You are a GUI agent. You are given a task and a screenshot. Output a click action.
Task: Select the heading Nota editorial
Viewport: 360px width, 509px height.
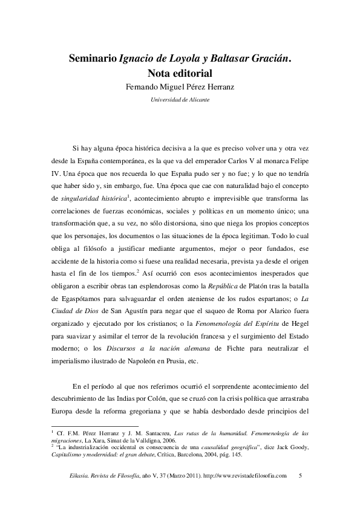pyautogui.click(x=180, y=73)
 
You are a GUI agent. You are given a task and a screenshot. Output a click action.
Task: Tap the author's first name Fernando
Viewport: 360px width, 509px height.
pyautogui.click(x=142, y=86)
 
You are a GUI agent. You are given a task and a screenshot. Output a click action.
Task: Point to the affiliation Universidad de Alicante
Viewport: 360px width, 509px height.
pyautogui.click(x=180, y=99)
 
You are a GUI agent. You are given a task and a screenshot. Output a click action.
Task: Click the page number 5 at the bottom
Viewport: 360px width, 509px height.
pyautogui.click(x=301, y=477)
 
